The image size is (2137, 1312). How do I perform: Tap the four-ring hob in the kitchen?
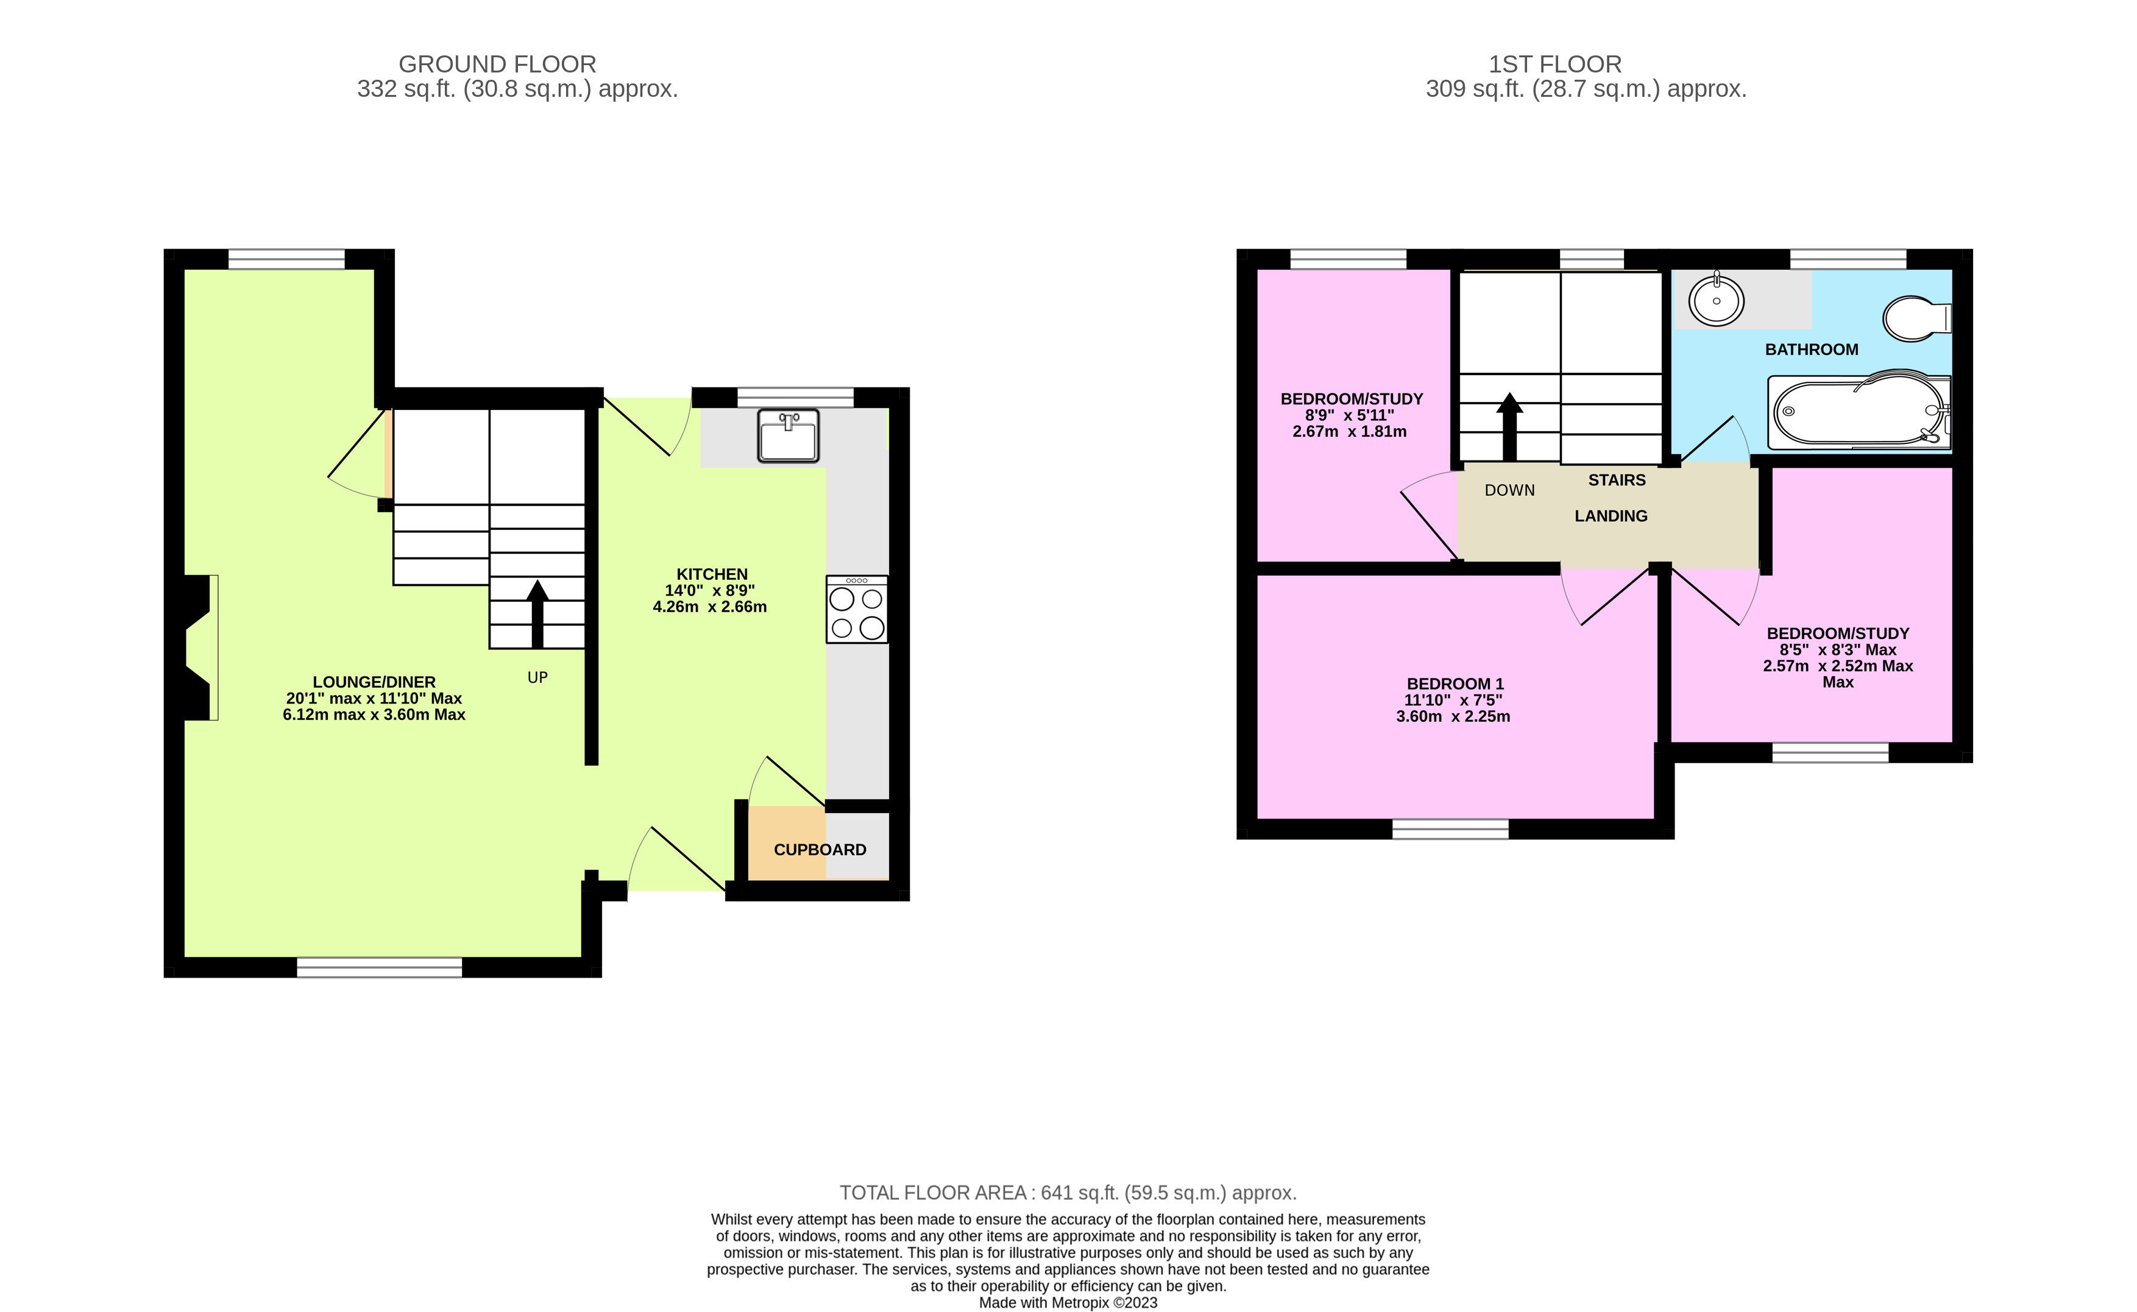point(857,610)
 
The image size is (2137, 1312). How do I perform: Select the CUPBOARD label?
point(820,850)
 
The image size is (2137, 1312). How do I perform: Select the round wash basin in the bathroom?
point(1716,301)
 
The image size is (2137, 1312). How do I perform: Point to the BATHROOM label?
point(1812,350)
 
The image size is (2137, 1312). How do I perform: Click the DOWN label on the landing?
point(1509,490)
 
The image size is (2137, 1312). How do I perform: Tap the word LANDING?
point(1611,517)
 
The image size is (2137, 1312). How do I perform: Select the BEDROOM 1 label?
point(1454,684)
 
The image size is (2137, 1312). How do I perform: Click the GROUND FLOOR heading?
point(497,64)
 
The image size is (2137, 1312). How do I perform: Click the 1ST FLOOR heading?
point(1554,64)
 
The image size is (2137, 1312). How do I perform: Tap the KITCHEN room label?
point(712,574)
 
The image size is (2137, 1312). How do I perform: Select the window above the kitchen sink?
point(795,397)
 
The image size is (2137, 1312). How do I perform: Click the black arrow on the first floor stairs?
point(1509,425)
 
